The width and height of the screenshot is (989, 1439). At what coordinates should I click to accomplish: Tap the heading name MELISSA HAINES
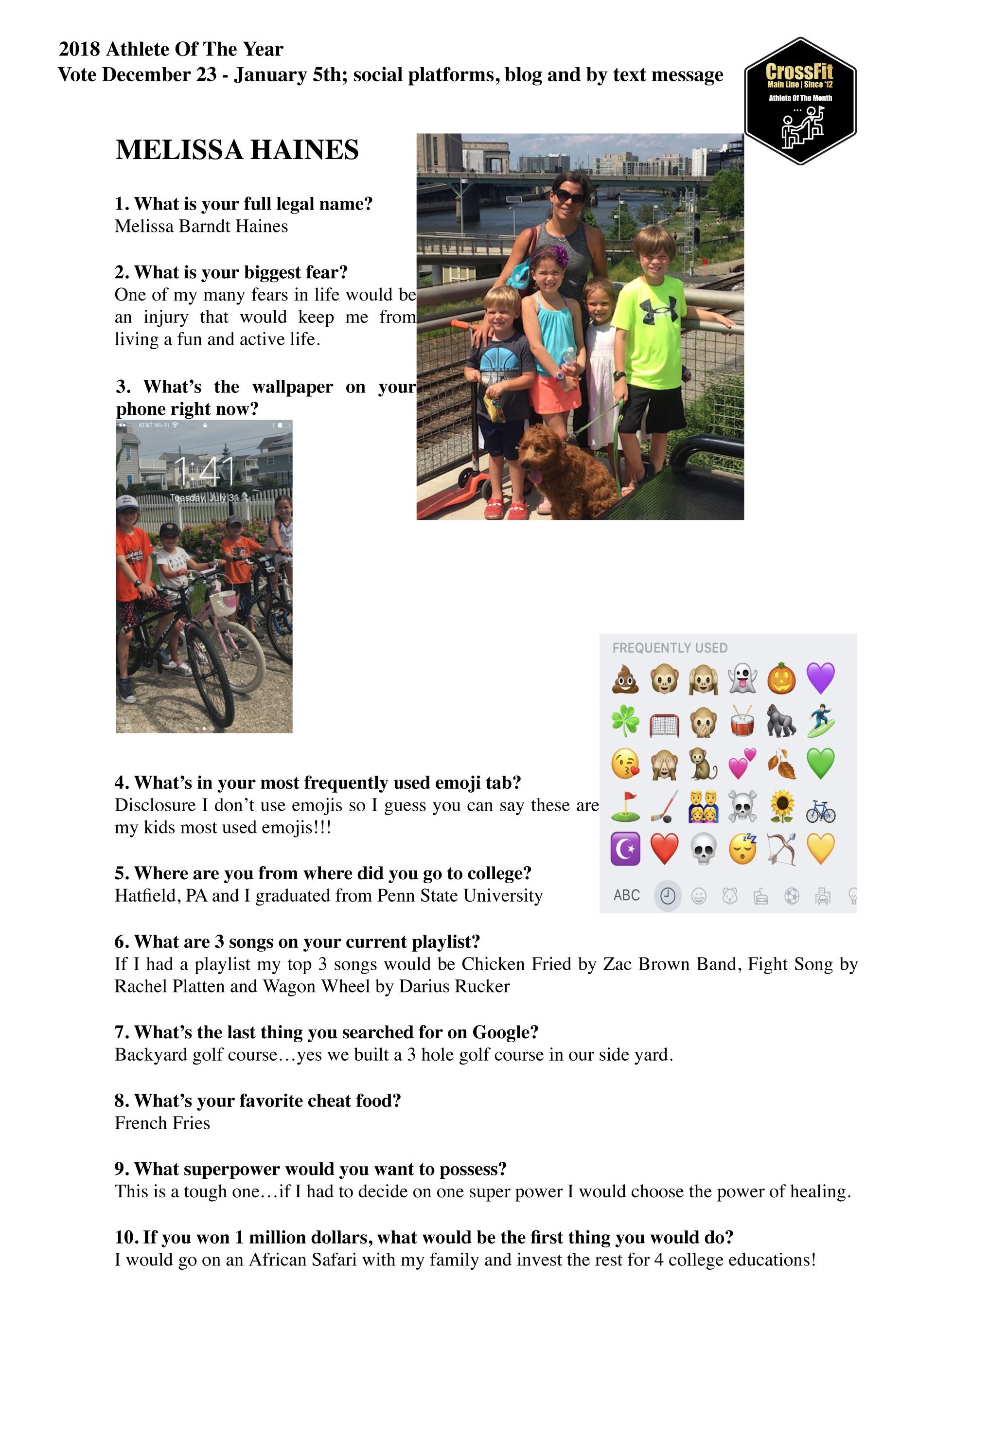237,150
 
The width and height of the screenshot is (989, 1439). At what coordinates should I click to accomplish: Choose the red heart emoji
664,849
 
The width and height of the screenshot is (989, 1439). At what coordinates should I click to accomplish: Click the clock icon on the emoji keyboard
668,896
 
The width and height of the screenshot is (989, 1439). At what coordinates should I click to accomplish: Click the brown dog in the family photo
564,471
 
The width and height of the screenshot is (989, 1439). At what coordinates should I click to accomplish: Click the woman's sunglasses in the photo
569,196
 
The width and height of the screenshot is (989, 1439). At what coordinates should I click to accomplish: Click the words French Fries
162,1123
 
